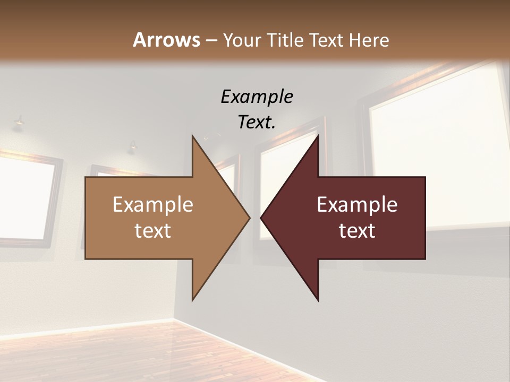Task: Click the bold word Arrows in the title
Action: coord(166,40)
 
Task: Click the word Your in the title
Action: coord(242,40)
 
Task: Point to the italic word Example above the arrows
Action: coord(257,97)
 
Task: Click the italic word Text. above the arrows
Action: coord(257,123)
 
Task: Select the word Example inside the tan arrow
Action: coord(152,205)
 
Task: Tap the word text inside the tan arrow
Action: coord(152,231)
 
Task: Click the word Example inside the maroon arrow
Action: coord(357,205)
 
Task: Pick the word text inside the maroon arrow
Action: coord(357,231)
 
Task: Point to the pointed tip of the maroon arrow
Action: coord(261,218)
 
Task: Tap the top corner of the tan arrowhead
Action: coord(193,136)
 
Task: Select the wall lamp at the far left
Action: coord(19,121)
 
